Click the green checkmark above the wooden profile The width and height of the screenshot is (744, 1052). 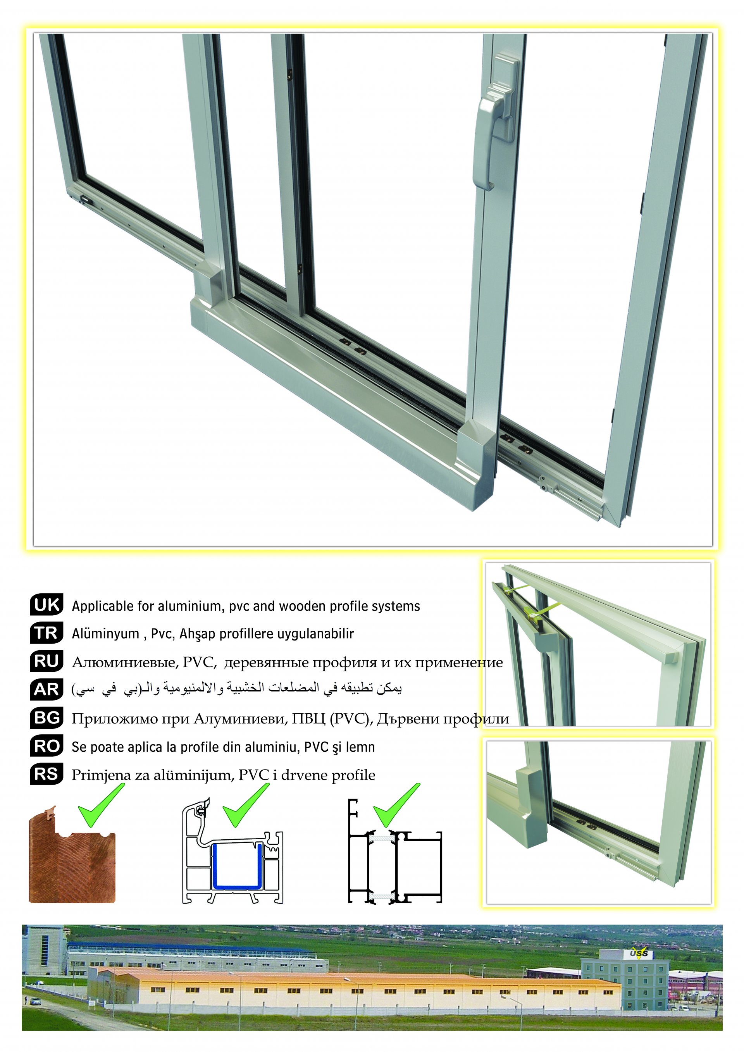101,805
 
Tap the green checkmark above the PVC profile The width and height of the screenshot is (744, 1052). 246,805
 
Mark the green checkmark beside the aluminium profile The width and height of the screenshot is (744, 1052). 397,805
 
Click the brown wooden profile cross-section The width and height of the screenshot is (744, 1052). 72,856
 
